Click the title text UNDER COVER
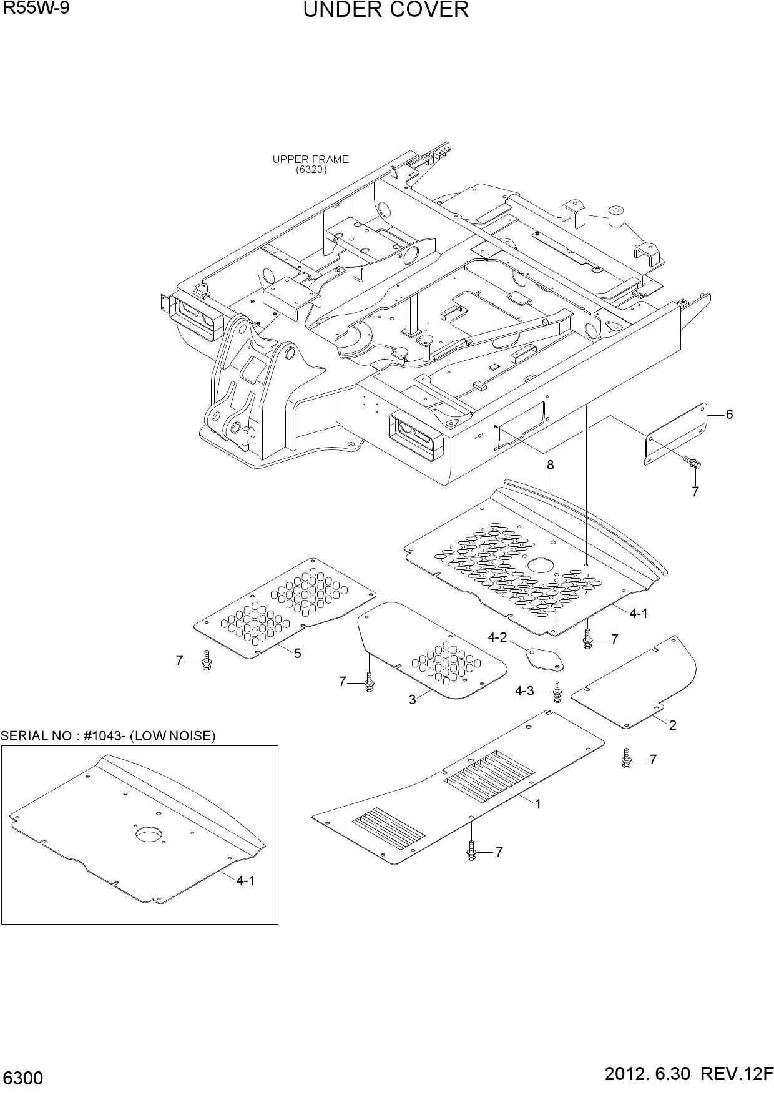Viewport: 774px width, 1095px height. point(386,10)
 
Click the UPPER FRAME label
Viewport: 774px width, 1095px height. point(310,159)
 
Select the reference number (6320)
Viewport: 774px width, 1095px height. point(311,169)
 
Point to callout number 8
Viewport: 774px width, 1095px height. point(550,465)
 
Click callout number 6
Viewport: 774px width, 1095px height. point(729,414)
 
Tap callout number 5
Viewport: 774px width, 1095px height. point(298,654)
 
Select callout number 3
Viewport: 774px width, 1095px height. point(412,700)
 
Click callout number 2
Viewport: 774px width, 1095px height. point(672,725)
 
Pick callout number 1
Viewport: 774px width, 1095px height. point(537,804)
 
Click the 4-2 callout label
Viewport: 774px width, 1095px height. point(497,637)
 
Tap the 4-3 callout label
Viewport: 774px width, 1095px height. point(524,691)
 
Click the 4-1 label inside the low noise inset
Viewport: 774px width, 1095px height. point(245,881)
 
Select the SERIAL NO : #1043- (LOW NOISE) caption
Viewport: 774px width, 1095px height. point(108,736)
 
